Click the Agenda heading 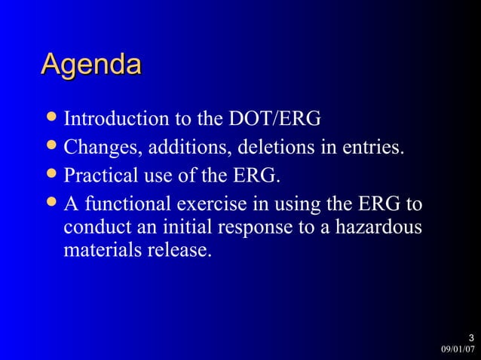(90, 65)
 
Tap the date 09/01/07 (458, 349)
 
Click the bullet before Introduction (51, 120)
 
